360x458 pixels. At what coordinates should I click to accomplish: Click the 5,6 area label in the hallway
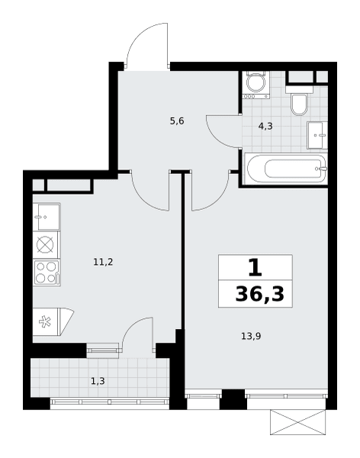[177, 121]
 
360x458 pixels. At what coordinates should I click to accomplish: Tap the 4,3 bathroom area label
[265, 126]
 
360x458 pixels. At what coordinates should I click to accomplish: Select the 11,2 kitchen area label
[103, 262]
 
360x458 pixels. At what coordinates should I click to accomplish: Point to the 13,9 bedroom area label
[251, 336]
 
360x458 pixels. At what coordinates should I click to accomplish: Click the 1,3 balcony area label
[98, 381]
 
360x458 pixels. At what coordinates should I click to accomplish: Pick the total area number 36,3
[259, 294]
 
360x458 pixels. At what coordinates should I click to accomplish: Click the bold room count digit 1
[256, 268]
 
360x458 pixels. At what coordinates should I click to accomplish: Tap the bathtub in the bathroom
[286, 169]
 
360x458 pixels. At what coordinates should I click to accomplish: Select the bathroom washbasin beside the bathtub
[317, 135]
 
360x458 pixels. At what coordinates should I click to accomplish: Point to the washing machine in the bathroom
[256, 85]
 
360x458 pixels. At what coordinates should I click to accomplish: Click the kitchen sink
[47, 217]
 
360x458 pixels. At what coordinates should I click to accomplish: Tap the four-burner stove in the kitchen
[47, 273]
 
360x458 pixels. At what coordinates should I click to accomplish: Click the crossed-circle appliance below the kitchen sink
[45, 245]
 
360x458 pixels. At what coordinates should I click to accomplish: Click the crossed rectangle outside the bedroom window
[297, 422]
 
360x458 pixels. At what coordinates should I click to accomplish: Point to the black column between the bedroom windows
[233, 399]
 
